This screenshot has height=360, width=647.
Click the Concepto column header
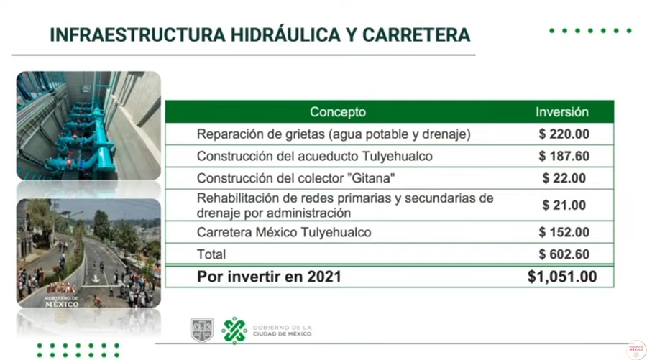[x=338, y=112]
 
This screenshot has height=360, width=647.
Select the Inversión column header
[x=562, y=112]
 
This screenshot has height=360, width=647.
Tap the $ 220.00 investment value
[x=564, y=134]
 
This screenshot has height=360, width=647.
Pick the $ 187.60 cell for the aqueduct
[x=564, y=157]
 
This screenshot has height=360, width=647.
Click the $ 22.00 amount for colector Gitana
[x=564, y=178]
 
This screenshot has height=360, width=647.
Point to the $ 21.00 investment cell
[x=564, y=205]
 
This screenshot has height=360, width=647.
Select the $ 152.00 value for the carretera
[x=564, y=232]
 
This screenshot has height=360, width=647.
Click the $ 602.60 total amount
[x=564, y=254]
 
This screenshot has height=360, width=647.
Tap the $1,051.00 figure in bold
[x=562, y=277]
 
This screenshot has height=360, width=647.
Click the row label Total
[x=211, y=254]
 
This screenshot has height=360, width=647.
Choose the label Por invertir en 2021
[x=269, y=277]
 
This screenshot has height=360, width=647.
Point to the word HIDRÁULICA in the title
[x=285, y=35]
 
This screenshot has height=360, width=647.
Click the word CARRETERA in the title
[x=416, y=35]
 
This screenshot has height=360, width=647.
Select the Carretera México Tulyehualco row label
[x=284, y=232]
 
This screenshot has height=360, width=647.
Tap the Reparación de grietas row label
[x=334, y=134]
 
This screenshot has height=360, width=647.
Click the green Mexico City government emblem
[x=234, y=331]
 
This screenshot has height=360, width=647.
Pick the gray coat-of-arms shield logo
[x=202, y=330]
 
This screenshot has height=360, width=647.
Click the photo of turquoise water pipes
[x=88, y=125]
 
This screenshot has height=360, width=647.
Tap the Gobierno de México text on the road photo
[x=62, y=302]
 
